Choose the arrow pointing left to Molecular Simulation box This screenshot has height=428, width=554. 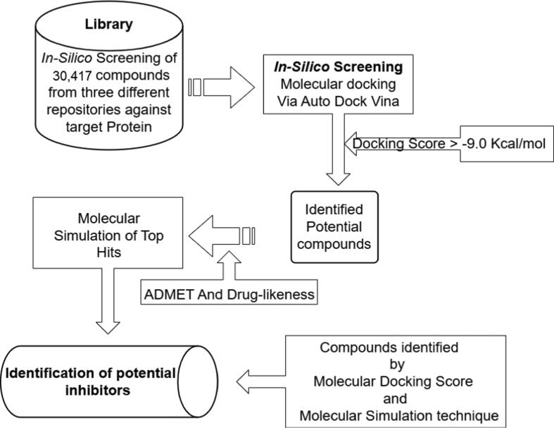coord(226,236)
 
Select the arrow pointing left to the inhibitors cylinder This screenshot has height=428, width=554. coord(261,383)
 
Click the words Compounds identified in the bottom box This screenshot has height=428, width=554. coord(398,347)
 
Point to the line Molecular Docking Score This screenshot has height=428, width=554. coord(398,381)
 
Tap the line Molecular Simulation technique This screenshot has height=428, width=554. coord(398,415)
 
